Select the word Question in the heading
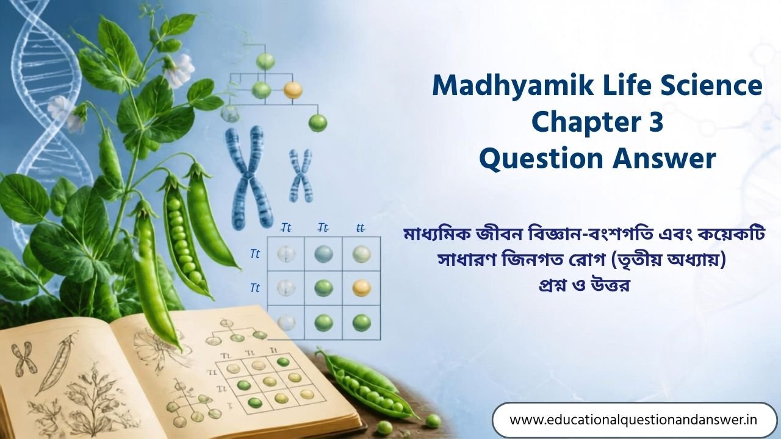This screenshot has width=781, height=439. [541, 160]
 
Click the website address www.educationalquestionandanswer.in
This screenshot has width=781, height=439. [633, 419]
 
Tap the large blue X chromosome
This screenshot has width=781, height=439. [248, 177]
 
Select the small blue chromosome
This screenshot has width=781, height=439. [301, 176]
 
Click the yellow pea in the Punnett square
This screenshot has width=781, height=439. [361, 288]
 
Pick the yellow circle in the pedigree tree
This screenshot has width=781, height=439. [293, 90]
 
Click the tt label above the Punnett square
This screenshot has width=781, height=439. [361, 228]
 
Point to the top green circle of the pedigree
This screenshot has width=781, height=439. [265, 60]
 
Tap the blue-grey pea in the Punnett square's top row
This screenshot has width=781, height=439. [323, 254]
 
